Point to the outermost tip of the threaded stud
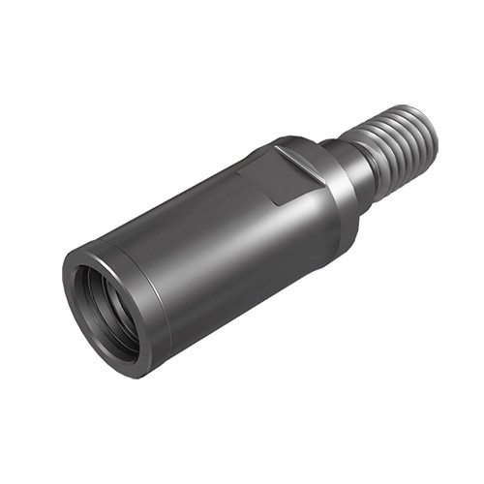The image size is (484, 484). pyautogui.click(x=432, y=135)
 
